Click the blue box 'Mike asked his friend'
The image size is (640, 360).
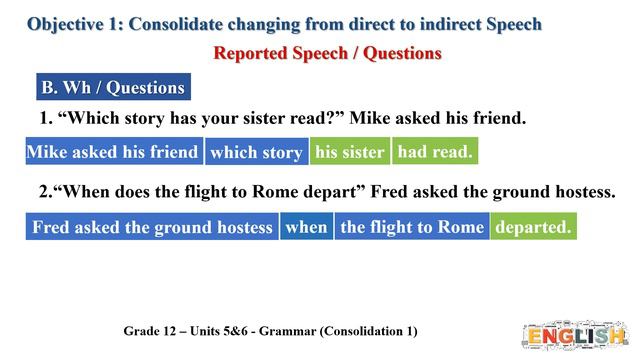click(113, 152)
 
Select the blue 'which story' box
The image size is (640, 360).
click(256, 153)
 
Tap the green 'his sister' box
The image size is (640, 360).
click(349, 152)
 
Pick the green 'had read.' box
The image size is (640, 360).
click(433, 152)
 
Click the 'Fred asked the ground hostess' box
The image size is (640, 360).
click(152, 227)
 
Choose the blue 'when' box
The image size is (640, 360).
click(306, 227)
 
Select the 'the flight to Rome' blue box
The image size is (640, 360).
click(411, 227)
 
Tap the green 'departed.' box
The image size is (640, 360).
click(533, 227)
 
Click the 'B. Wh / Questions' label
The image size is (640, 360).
click(112, 87)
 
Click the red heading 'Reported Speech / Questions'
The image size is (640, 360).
click(328, 53)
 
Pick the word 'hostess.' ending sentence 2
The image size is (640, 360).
click(582, 191)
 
